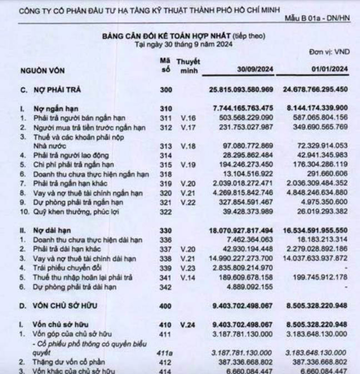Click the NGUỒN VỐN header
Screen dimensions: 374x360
[41, 72]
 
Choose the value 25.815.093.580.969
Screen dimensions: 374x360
[241, 89]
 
